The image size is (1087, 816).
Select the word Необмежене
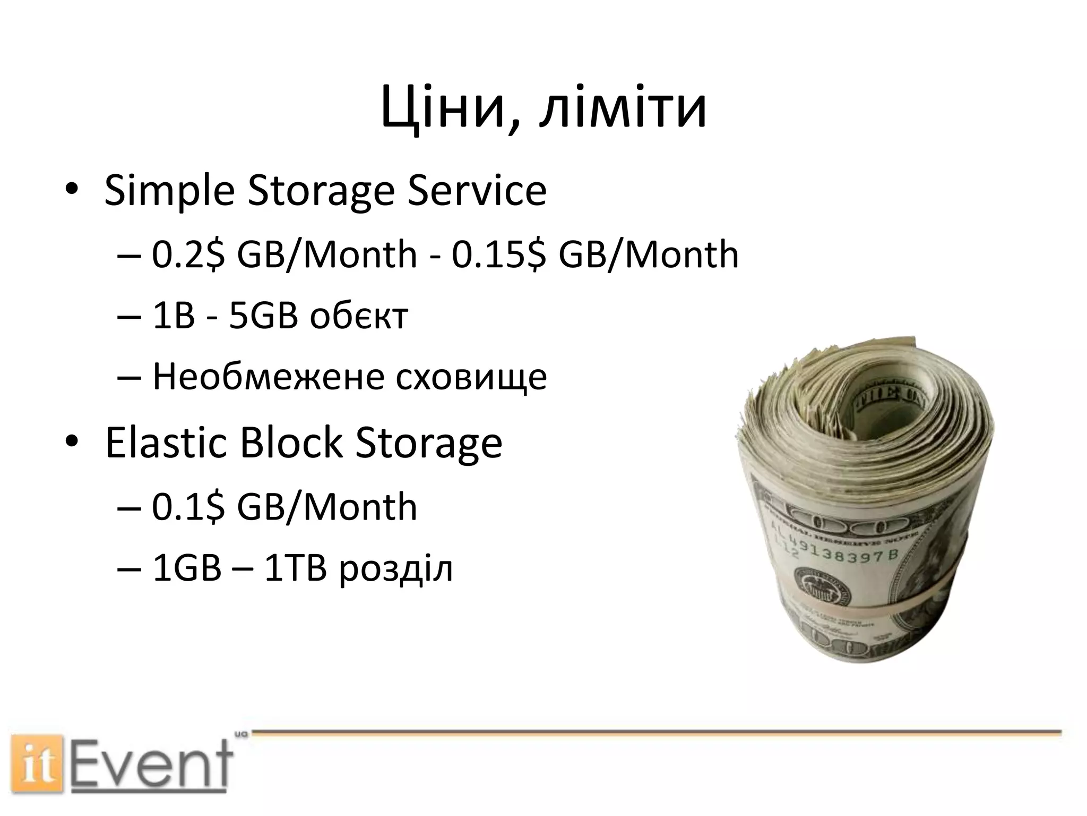point(268,377)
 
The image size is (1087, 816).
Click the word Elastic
point(165,443)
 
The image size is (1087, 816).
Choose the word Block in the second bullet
point(291,443)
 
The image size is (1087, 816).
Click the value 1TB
point(295,569)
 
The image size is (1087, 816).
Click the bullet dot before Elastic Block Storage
point(71,443)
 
